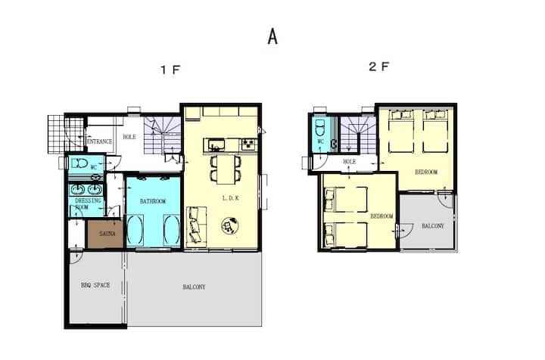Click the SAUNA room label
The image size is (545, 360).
click(x=107, y=234)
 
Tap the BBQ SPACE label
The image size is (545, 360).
click(x=95, y=285)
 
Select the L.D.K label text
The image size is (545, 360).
click(x=230, y=198)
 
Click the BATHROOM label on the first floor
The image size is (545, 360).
click(x=153, y=201)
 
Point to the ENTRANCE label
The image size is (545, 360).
click(x=100, y=141)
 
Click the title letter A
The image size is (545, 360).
click(x=272, y=36)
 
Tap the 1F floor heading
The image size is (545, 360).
click(x=170, y=70)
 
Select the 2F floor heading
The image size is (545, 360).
click(x=379, y=67)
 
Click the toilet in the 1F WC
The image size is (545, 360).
click(x=79, y=163)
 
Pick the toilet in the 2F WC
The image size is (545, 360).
click(x=319, y=128)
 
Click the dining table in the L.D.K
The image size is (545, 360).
click(x=226, y=169)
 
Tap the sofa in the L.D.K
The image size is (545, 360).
click(x=197, y=225)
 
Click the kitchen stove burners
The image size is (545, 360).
click(x=249, y=144)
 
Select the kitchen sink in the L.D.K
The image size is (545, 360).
click(x=216, y=144)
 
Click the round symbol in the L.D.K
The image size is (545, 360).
click(x=230, y=225)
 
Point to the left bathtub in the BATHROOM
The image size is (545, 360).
click(x=135, y=230)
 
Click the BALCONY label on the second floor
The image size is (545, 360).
click(x=433, y=226)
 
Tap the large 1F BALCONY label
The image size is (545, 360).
click(x=194, y=287)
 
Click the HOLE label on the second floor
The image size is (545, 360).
click(x=349, y=161)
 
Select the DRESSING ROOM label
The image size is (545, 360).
click(x=88, y=203)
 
